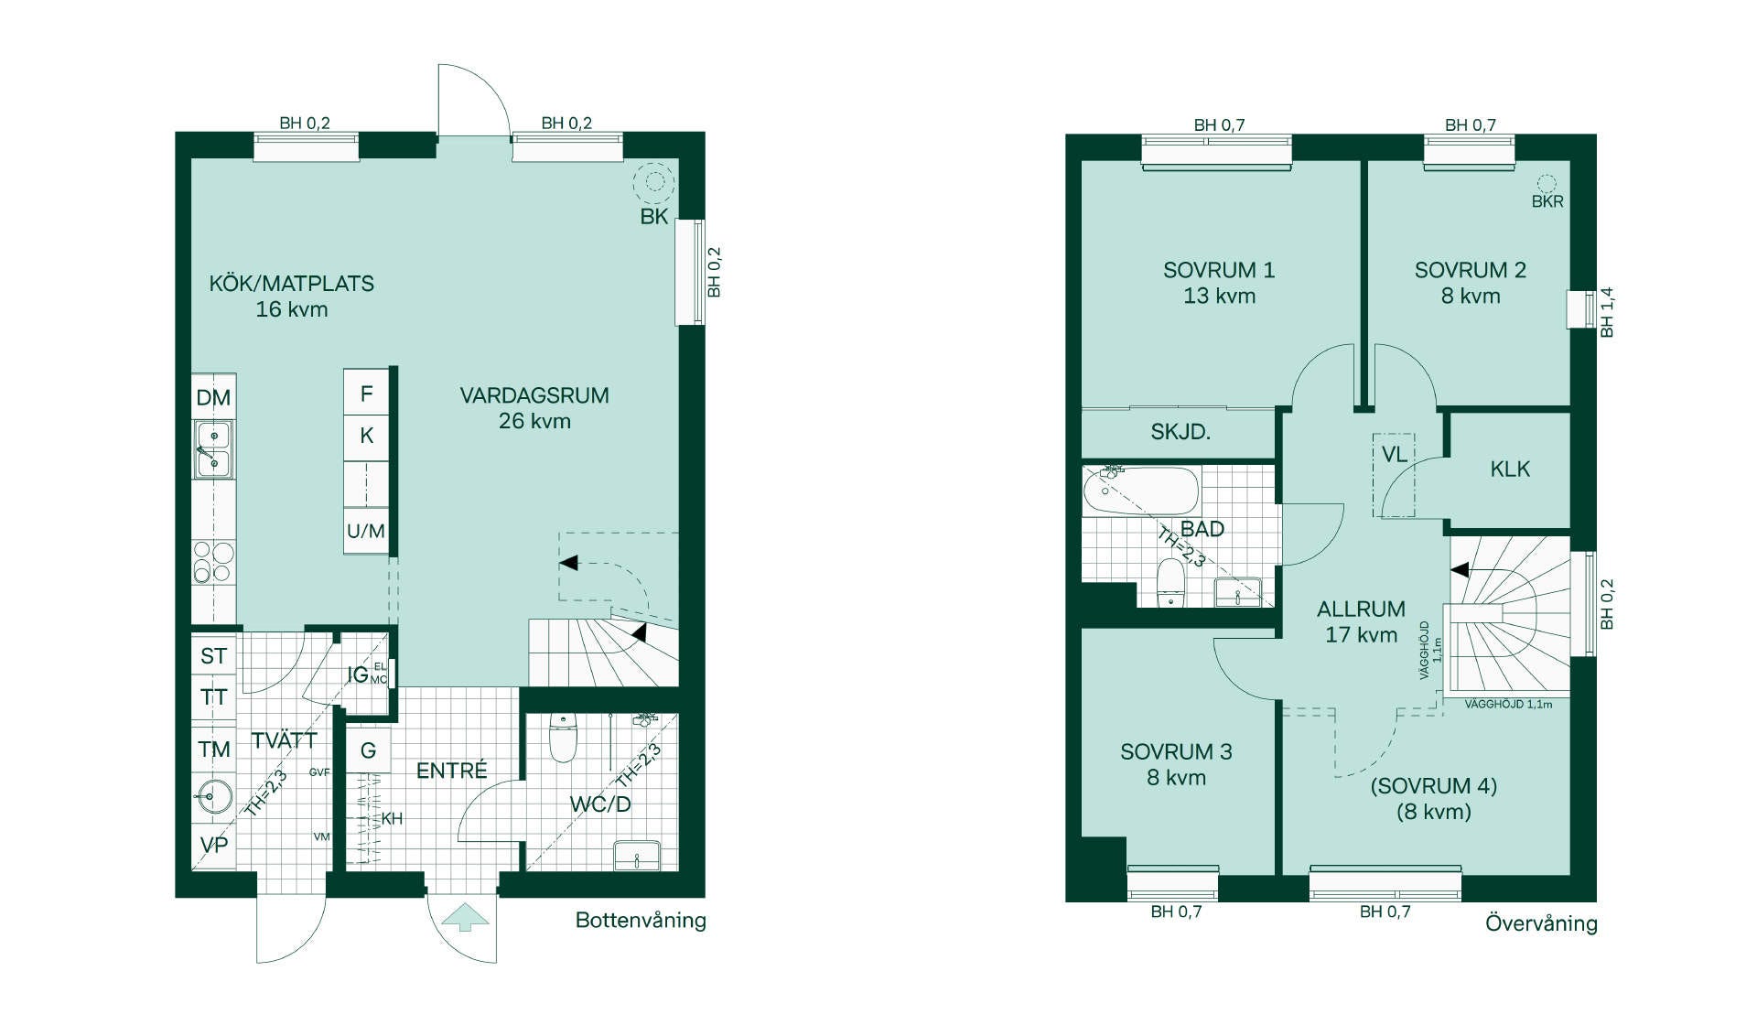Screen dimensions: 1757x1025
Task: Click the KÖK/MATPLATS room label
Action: point(292,284)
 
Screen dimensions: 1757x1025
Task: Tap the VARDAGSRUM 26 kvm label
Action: point(534,408)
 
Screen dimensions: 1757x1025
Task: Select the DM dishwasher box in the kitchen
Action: point(213,397)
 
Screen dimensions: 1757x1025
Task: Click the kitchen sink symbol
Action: point(213,449)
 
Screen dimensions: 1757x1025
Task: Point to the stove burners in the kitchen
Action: point(213,562)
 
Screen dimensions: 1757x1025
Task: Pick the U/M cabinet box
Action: point(366,531)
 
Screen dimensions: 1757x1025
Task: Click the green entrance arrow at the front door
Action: point(466,917)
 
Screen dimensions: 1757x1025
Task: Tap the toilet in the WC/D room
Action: point(563,738)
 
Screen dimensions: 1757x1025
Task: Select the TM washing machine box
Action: point(214,750)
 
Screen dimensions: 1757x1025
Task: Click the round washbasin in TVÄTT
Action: point(213,797)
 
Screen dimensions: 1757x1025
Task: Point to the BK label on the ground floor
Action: point(654,217)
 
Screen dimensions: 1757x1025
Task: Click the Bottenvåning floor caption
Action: point(641,921)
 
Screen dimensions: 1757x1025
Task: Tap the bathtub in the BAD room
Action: point(1140,491)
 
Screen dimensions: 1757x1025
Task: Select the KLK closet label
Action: point(1510,469)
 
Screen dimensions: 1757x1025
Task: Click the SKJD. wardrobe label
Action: point(1180,432)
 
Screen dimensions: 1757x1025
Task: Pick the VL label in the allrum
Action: point(1394,455)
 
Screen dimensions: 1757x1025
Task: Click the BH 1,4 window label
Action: point(1607,312)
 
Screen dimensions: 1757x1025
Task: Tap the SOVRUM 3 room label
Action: point(1176,752)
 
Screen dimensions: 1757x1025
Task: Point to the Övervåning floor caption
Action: point(1541,923)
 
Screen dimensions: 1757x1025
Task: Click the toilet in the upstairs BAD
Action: point(1170,583)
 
